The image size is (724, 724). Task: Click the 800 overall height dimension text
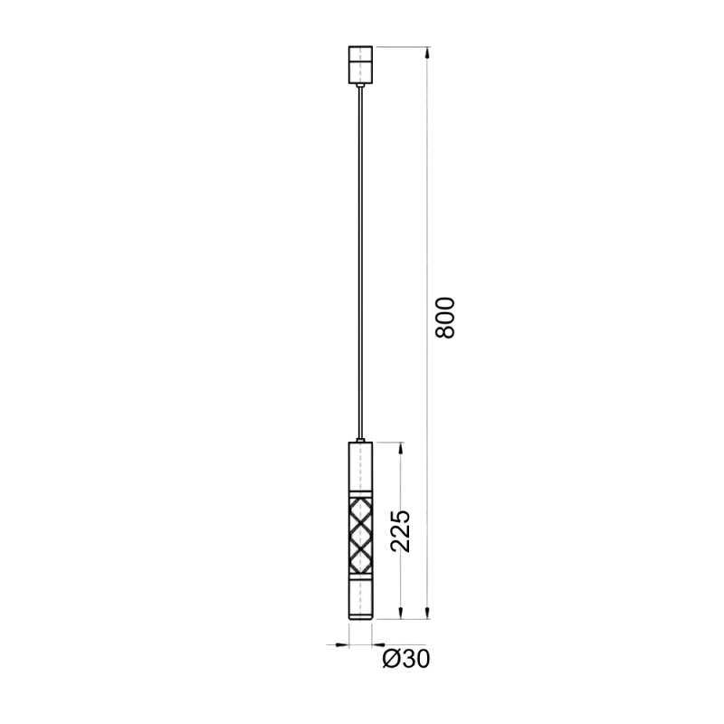(x=445, y=318)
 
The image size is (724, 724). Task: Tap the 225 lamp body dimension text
(x=400, y=531)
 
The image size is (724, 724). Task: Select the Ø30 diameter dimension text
(x=406, y=659)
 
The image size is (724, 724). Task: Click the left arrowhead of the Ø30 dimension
(x=343, y=644)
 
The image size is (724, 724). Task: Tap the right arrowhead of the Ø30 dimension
(x=378, y=644)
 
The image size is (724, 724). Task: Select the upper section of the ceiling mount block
(x=360, y=53)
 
